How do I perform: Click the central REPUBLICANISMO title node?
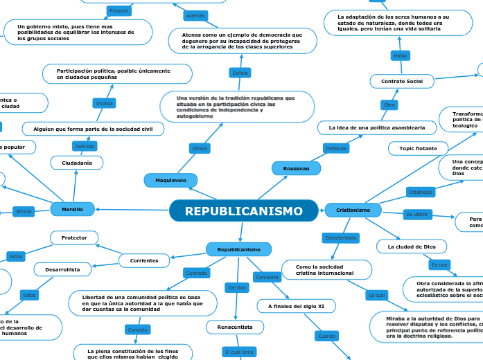243,210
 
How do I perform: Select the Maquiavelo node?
170,180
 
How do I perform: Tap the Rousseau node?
297,168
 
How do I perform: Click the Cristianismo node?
358,209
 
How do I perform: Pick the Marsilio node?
72,208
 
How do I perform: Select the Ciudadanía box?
77,163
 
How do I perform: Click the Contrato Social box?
401,82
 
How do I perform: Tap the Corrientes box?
144,260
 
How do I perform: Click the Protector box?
74,237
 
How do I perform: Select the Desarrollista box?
63,269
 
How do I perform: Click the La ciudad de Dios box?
412,246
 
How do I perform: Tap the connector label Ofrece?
199,148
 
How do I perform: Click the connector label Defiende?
336,148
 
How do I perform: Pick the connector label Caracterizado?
341,238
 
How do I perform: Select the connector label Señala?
240,73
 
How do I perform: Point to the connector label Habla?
401,55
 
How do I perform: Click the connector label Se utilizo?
419,214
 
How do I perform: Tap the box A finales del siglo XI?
296,305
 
